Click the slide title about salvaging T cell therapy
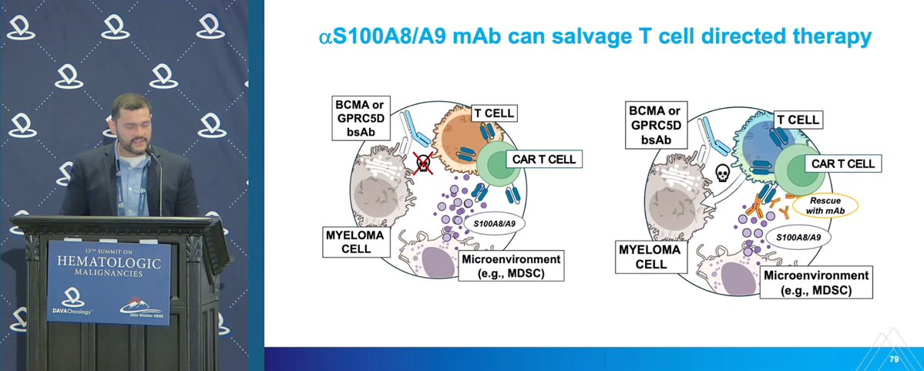pos(594,36)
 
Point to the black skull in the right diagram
pos(723,172)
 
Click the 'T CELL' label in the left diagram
pos(492,114)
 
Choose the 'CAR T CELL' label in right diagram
pos(842,164)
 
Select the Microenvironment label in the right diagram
pos(817,282)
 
